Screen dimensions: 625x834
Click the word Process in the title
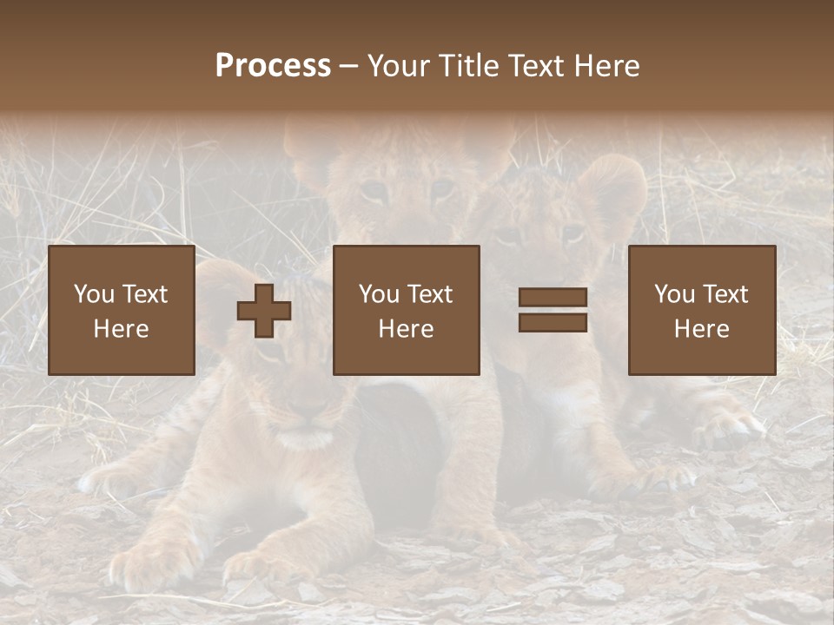[x=273, y=66]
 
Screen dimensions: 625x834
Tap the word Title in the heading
[x=468, y=66]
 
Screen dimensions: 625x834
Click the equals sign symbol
[x=553, y=310]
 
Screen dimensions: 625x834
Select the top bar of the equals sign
[x=553, y=298]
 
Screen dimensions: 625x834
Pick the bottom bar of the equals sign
[x=553, y=322]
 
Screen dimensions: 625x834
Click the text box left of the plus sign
[x=121, y=310]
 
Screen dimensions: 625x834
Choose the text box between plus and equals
[x=406, y=310]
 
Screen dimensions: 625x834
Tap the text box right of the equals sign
[x=701, y=310]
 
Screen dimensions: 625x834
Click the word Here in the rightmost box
[x=701, y=328]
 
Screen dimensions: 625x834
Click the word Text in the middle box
[x=430, y=294]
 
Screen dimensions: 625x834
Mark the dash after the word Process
[x=349, y=66]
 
